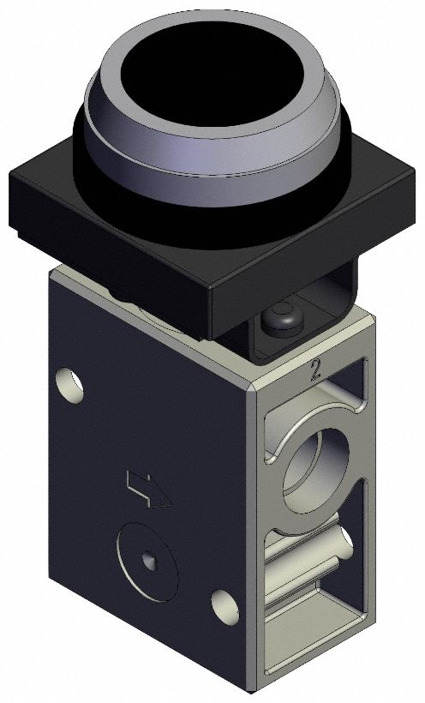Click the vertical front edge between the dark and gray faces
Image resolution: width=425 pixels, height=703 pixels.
[249, 532]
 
